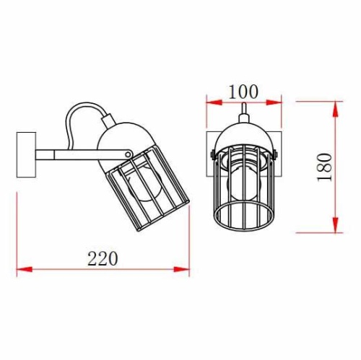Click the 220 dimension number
click(x=103, y=258)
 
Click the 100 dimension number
click(x=243, y=92)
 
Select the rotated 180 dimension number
click(x=324, y=167)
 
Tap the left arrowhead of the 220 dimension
click(x=25, y=269)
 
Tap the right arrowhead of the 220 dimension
click(x=182, y=269)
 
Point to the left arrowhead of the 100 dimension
click(x=214, y=102)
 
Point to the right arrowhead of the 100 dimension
click(x=274, y=102)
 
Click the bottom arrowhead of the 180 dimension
click(x=335, y=225)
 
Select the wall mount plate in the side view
click(x=26, y=155)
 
